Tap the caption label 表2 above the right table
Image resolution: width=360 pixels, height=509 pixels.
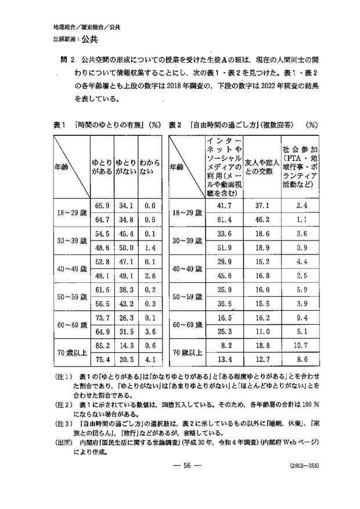177,124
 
